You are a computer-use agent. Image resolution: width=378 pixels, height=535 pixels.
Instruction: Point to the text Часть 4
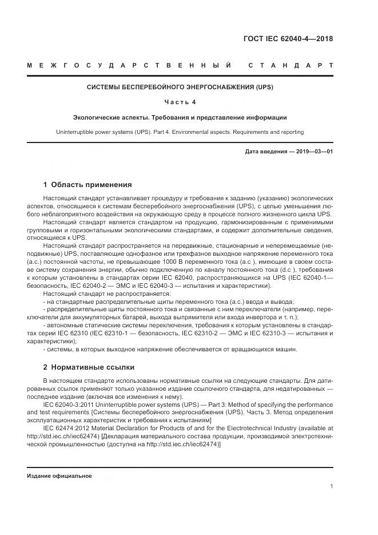point(180,102)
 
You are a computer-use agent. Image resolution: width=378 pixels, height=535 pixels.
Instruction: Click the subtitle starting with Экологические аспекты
point(180,118)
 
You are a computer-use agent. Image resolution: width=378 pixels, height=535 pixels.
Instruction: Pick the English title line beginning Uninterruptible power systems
point(180,132)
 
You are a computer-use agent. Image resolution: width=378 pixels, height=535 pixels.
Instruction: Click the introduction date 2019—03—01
point(313,152)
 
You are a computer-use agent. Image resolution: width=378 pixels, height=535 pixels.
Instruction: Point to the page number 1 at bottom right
point(332,486)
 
